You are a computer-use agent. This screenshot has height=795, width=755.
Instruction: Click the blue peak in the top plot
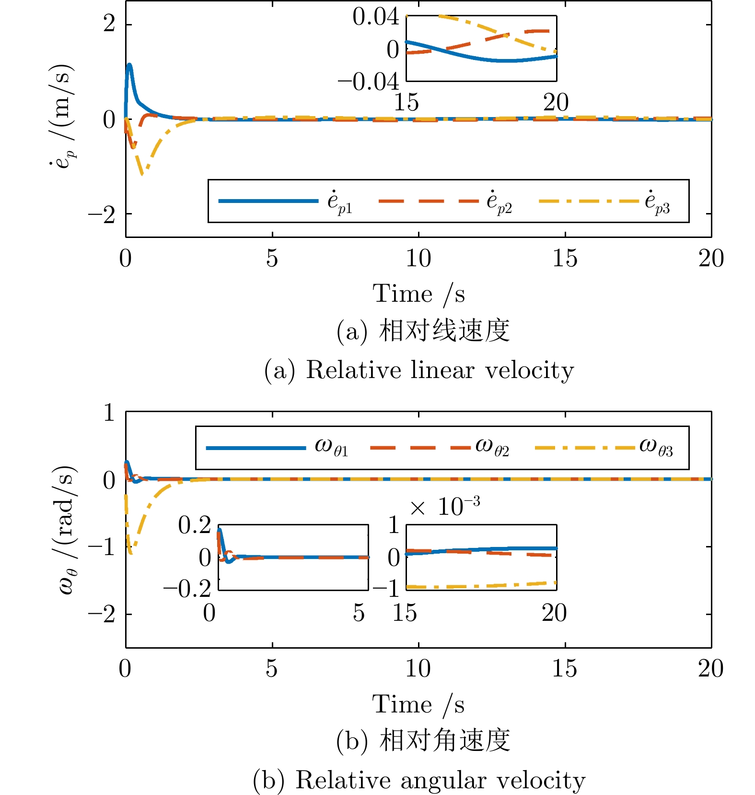[129, 65]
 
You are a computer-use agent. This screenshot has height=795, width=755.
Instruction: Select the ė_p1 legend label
[340, 202]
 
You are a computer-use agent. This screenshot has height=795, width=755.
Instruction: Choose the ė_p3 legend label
[657, 202]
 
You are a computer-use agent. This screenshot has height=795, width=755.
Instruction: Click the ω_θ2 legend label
[492, 447]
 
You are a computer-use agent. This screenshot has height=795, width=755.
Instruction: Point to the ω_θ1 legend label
[331, 447]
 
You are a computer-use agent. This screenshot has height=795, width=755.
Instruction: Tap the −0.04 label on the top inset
[368, 82]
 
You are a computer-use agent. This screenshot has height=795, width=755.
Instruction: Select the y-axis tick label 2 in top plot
[109, 24]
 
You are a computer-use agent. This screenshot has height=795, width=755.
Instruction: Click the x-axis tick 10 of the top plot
[418, 259]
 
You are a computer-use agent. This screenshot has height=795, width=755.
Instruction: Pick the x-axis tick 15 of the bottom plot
[564, 669]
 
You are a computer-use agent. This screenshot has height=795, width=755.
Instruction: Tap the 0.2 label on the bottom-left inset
[195, 525]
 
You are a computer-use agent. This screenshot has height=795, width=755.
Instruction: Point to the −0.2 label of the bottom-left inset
[187, 589]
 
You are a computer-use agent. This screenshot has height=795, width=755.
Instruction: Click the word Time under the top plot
[402, 294]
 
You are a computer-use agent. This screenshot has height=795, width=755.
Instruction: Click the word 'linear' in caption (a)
[442, 370]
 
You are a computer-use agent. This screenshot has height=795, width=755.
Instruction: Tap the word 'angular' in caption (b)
[443, 780]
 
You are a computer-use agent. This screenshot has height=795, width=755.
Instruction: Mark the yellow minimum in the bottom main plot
[131, 553]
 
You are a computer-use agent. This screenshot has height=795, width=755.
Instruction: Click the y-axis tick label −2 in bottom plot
[102, 615]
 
